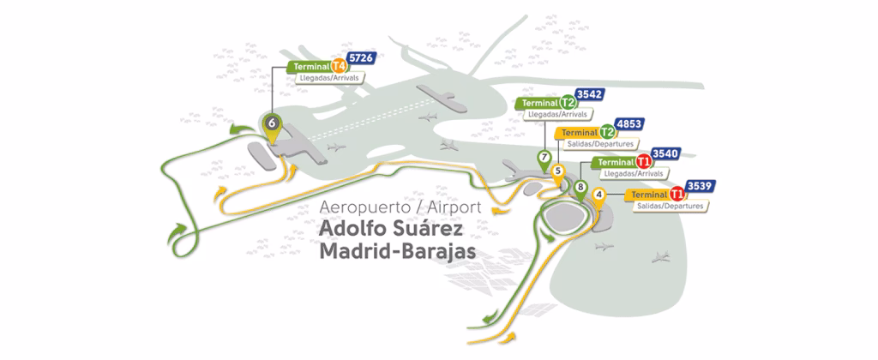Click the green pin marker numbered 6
273,123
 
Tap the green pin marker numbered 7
544,158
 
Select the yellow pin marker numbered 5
558,171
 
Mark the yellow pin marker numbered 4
598,194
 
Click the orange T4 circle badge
339,66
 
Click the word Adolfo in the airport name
353,230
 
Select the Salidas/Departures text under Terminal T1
671,207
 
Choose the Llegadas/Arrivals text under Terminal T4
329,78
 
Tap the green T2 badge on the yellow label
607,132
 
